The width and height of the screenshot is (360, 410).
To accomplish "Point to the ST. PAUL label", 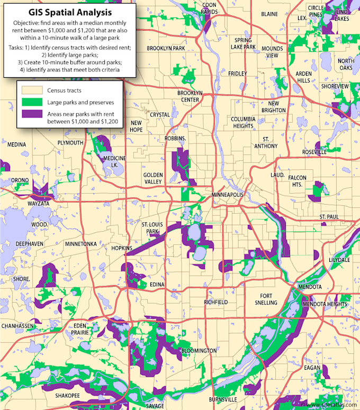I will click(x=328, y=217).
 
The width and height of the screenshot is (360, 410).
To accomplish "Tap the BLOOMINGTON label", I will click(x=199, y=351).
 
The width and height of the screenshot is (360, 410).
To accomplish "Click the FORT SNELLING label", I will click(x=265, y=299).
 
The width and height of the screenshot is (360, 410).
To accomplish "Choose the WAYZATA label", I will click(x=39, y=203).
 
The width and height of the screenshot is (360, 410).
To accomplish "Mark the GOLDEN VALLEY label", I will click(x=153, y=178).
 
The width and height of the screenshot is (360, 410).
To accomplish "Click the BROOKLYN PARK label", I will click(x=166, y=48).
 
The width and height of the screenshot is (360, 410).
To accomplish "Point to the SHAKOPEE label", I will click(x=67, y=395).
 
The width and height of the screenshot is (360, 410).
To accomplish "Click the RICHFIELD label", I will click(x=215, y=302).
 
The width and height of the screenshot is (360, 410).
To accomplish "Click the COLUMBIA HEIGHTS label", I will click(x=243, y=123).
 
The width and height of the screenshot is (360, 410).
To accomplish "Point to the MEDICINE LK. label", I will click(x=114, y=161).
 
